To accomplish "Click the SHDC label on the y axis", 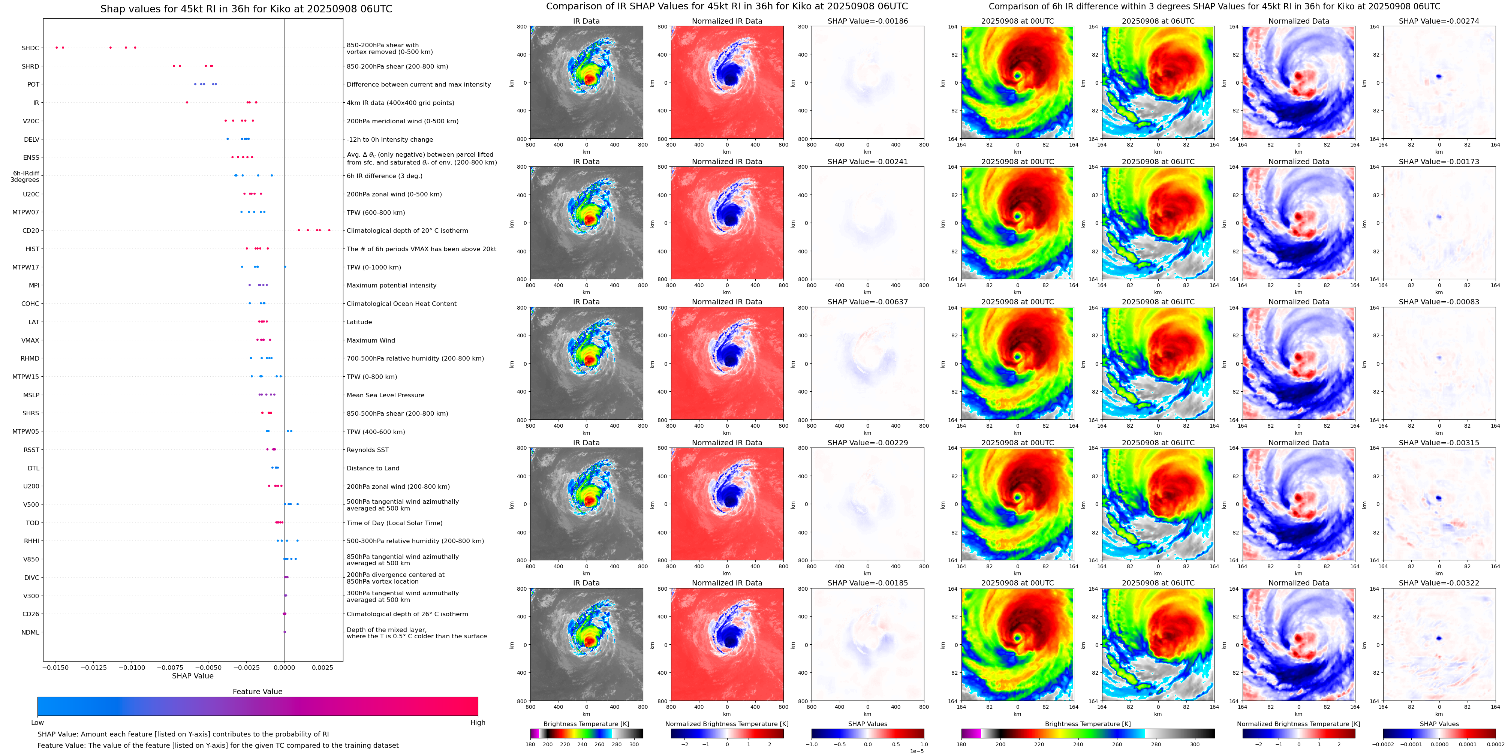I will [x=30, y=48].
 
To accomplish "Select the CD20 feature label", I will [x=31, y=231].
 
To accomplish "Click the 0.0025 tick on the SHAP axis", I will [x=322, y=668].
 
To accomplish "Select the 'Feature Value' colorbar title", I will [x=258, y=692].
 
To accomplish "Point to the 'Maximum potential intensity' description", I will [x=391, y=286].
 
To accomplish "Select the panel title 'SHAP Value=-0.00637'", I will [x=868, y=302].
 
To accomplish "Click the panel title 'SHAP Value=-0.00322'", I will [x=1439, y=583].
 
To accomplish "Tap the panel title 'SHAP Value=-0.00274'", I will [x=1439, y=21].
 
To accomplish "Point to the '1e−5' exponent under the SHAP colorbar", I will [x=916, y=751].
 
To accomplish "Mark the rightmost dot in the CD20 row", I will [x=329, y=230].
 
